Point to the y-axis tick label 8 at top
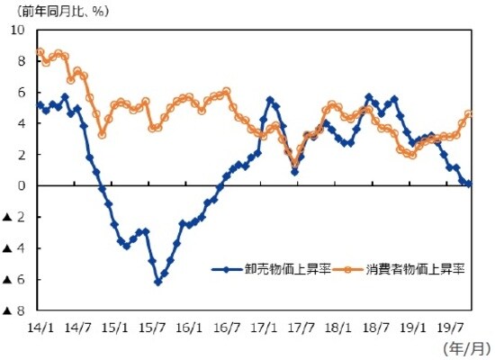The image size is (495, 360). tap(22, 60)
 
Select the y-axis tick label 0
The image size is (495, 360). tap(22, 185)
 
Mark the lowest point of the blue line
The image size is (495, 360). tap(157, 282)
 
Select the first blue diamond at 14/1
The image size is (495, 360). tap(39, 105)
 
